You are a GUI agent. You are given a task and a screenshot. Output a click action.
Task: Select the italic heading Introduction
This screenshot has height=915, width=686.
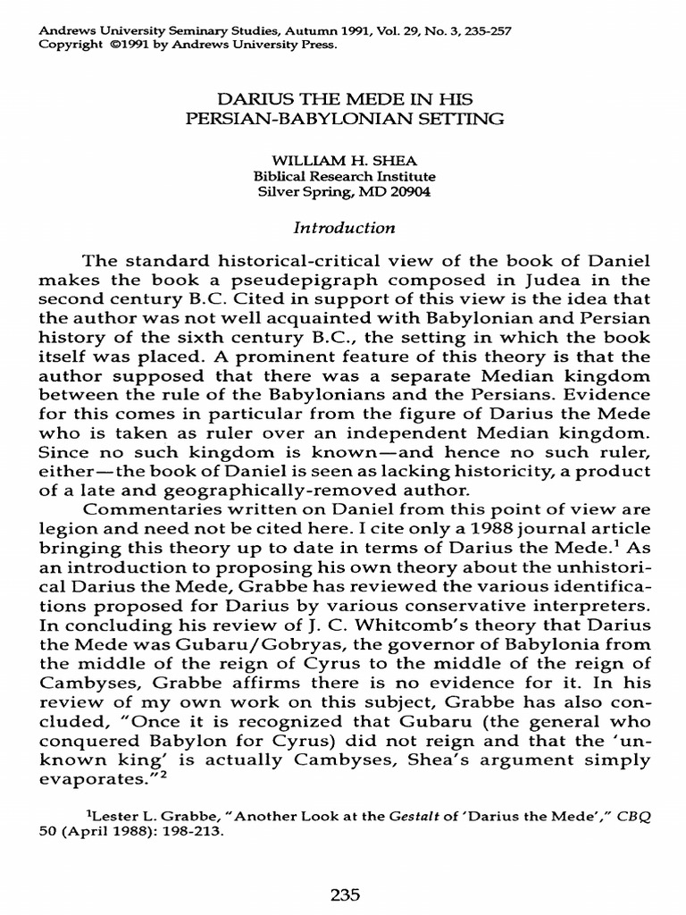pyautogui.click(x=344, y=228)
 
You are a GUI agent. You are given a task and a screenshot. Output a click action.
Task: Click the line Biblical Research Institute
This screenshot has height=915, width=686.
pyautogui.click(x=344, y=177)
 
